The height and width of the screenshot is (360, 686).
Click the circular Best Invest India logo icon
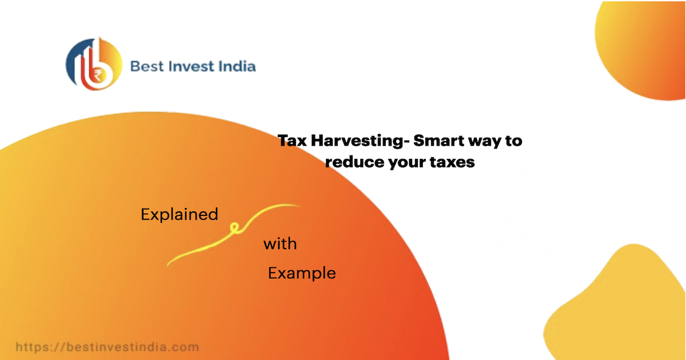coord(94,64)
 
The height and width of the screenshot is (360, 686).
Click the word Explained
coord(180,215)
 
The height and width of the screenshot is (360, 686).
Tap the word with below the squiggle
coord(280,245)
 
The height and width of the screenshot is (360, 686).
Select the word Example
coord(302,274)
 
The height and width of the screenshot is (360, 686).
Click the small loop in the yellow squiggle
coord(233,229)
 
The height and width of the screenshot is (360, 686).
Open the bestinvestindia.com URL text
coord(107,347)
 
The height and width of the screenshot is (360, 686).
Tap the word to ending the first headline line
coord(513,141)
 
